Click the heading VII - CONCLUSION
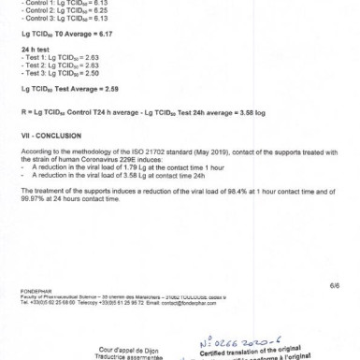click(46, 135)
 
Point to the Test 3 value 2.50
click(91, 72)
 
